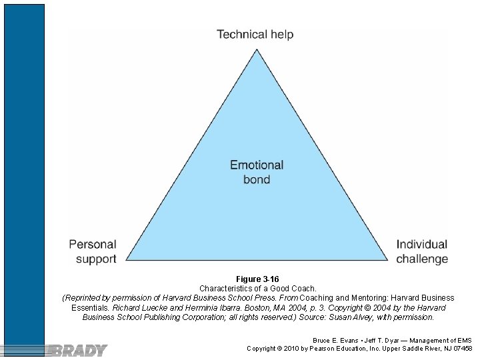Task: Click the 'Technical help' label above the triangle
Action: tap(255, 34)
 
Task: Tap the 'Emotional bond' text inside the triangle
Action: tap(257, 172)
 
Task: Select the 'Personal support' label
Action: tap(93, 251)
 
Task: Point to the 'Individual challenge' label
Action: tap(422, 251)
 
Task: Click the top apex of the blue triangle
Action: tap(257, 49)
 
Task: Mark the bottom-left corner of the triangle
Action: tap(127, 259)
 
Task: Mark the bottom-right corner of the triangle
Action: tap(387, 259)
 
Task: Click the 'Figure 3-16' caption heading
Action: tap(257, 279)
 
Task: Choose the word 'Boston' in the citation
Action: tap(262, 308)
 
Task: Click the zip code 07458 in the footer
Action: tap(461, 349)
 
